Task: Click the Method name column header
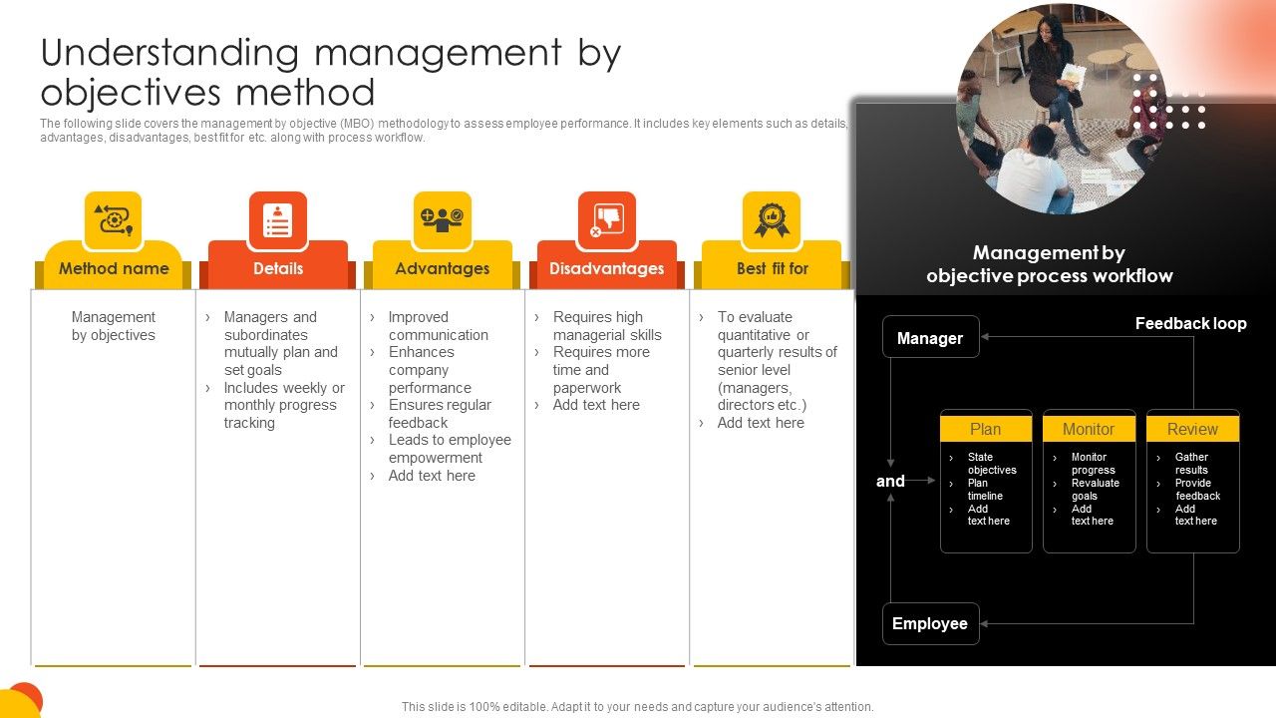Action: pyautogui.click(x=114, y=268)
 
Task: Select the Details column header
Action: pyautogui.click(x=278, y=268)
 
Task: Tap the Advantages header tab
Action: pyautogui.click(x=443, y=268)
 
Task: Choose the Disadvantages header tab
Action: pyautogui.click(x=606, y=268)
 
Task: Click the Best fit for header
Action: pyautogui.click(x=772, y=268)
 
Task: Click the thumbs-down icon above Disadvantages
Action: pyautogui.click(x=607, y=219)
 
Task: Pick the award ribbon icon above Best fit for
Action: pyautogui.click(x=772, y=219)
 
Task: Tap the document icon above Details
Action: pyautogui.click(x=278, y=219)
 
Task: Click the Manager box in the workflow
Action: pyautogui.click(x=930, y=337)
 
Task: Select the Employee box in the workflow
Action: pyautogui.click(x=930, y=623)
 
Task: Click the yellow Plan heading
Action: pyautogui.click(x=986, y=429)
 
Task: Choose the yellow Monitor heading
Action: pyautogui.click(x=1089, y=429)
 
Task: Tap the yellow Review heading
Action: pyautogui.click(x=1192, y=429)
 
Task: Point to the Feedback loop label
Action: pyautogui.click(x=1190, y=323)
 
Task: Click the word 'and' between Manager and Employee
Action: pyautogui.click(x=890, y=481)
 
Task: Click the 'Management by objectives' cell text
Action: pyautogui.click(x=114, y=326)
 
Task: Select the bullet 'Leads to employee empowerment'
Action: pyautogui.click(x=449, y=449)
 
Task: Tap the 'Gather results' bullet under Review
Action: pyautogui.click(x=1191, y=463)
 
